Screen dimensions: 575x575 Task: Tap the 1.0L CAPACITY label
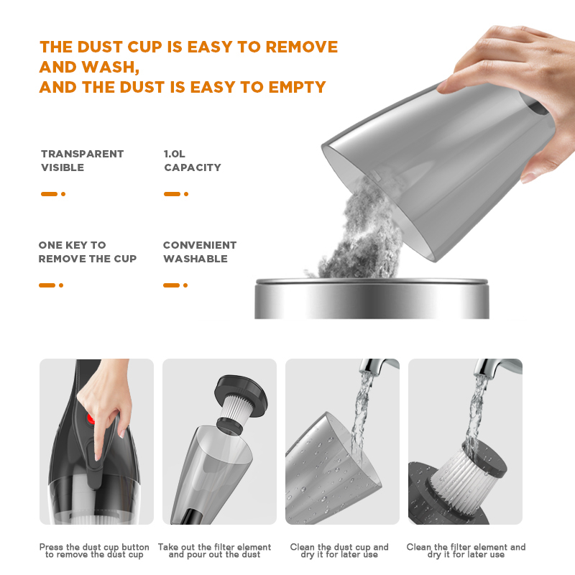192,160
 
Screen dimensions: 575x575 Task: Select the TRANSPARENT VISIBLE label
82,160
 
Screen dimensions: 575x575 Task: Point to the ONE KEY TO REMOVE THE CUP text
87,252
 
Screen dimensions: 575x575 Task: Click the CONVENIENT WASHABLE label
199,252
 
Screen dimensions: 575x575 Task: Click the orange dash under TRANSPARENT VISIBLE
49,194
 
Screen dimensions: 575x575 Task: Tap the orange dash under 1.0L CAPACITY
172,194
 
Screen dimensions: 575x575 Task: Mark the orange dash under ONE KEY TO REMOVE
47,285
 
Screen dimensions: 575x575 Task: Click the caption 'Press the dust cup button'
94,548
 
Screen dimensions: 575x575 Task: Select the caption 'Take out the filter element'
214,548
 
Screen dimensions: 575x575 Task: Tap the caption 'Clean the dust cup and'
339,548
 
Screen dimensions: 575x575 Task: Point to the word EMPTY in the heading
297,87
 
